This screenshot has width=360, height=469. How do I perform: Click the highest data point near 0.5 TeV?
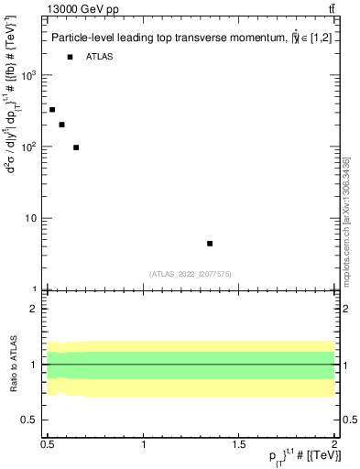52,110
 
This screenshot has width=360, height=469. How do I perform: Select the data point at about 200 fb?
61,125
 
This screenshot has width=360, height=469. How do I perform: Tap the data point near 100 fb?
76,147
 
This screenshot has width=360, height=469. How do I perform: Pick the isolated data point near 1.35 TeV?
210,244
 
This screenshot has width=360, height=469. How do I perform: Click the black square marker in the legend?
70,58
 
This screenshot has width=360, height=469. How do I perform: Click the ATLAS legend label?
100,58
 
